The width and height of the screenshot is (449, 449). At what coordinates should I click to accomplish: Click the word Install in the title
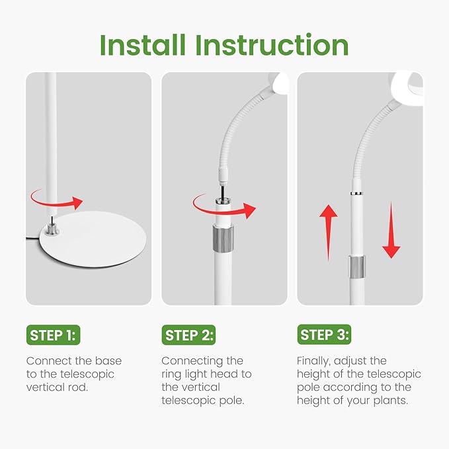(143, 45)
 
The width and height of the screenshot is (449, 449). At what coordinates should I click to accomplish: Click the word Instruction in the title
(272, 45)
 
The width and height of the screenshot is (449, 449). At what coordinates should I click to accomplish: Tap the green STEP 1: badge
(54, 335)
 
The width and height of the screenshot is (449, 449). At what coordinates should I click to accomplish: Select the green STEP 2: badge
(188, 335)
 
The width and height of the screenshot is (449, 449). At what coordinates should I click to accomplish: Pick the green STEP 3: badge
(324, 335)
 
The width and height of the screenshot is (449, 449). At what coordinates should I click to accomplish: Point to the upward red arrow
(328, 233)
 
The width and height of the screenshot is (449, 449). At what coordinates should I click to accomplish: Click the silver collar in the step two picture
(223, 239)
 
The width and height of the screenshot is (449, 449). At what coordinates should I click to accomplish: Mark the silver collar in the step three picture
(357, 267)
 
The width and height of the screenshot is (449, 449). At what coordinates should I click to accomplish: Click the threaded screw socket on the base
(52, 229)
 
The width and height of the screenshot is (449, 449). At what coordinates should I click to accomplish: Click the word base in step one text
(108, 361)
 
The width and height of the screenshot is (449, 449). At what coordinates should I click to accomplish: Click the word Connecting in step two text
(192, 361)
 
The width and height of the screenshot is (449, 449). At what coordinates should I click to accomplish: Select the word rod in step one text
(78, 388)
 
